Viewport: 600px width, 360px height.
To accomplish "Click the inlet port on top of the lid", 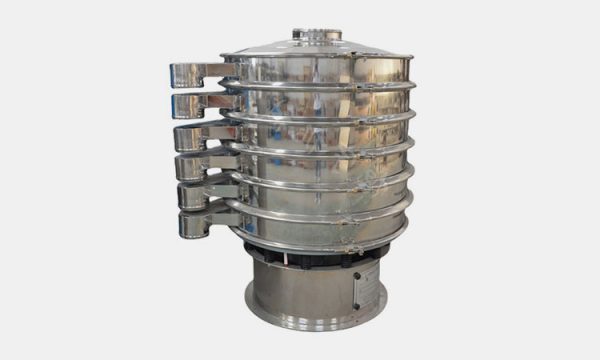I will [x=317, y=34].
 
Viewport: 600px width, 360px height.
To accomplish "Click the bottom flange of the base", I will [x=316, y=318].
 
